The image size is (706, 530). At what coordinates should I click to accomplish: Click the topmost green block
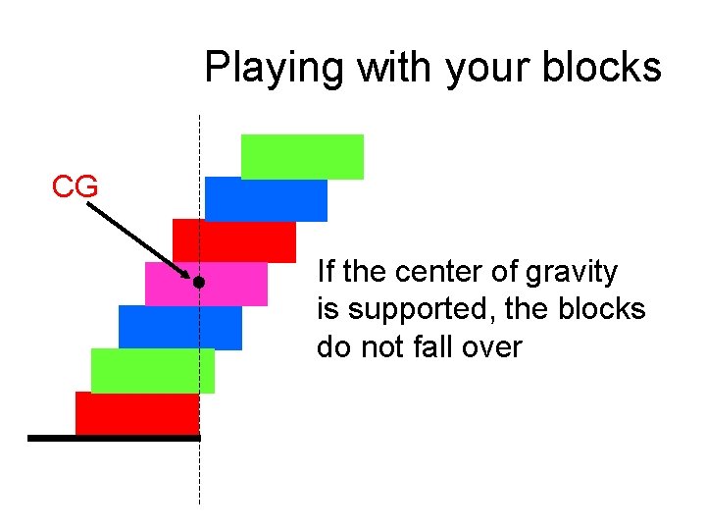(x=302, y=156)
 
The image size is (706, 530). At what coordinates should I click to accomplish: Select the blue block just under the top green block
(x=266, y=199)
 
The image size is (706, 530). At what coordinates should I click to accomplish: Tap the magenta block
(x=207, y=284)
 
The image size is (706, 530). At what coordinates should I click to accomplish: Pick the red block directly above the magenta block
(x=234, y=240)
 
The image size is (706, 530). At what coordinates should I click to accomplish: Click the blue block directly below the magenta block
(x=180, y=327)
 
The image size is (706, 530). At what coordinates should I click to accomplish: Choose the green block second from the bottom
(x=153, y=370)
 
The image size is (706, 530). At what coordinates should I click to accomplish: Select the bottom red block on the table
(x=137, y=412)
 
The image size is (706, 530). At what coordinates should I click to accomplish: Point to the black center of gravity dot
(x=198, y=283)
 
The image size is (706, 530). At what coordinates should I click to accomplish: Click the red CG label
(x=75, y=186)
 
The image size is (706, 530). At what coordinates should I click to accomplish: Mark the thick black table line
(x=113, y=438)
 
